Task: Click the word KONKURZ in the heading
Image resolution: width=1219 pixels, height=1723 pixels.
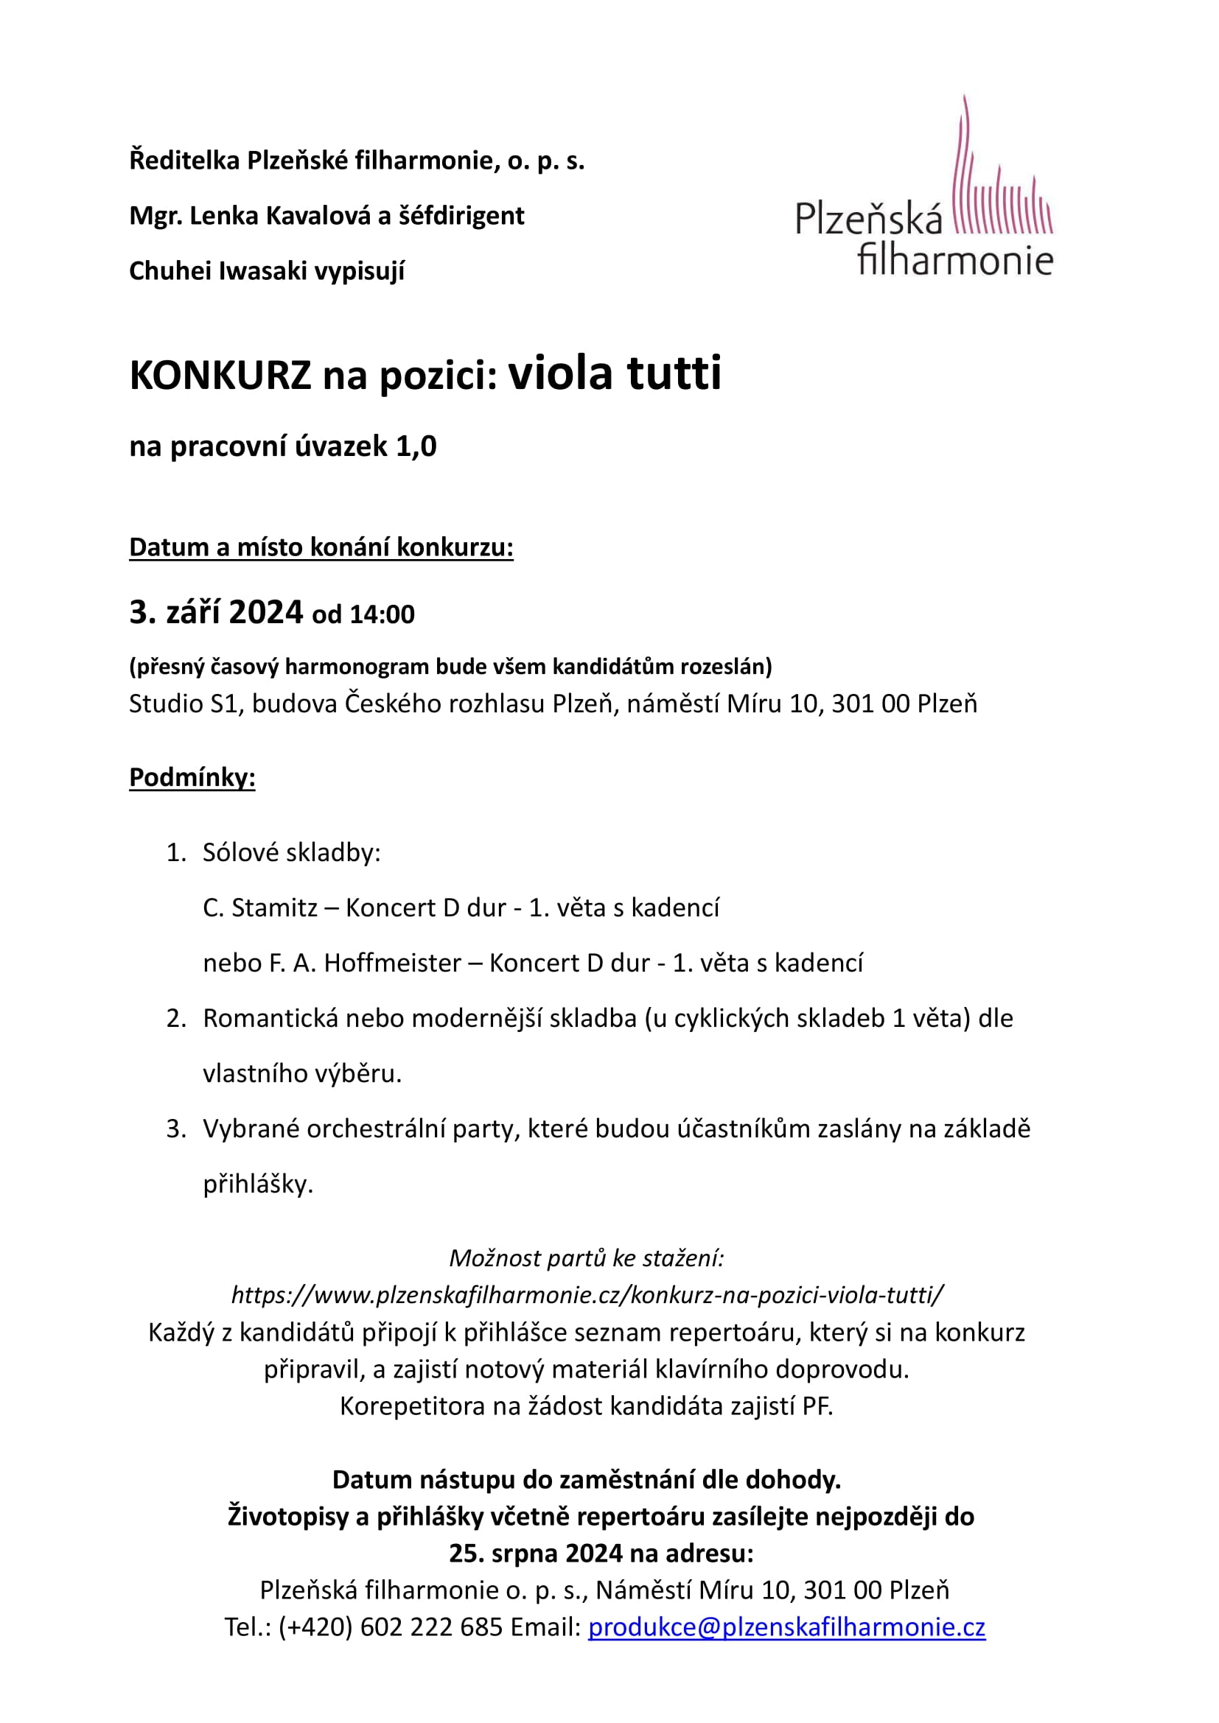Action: click(x=220, y=375)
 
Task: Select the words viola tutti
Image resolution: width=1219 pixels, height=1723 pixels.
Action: click(x=615, y=373)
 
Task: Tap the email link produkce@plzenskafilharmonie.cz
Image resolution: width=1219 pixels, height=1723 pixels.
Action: click(x=786, y=1627)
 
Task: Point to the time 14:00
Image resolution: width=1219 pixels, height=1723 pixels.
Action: click(x=382, y=614)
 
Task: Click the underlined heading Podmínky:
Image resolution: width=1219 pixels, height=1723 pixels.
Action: click(x=192, y=776)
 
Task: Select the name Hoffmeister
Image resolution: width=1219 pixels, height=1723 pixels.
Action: click(x=393, y=963)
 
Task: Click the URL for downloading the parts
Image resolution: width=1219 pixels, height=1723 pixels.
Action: click(x=587, y=1294)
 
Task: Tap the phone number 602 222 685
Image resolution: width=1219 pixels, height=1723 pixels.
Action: click(x=431, y=1627)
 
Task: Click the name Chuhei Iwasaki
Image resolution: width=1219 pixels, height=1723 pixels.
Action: click(x=218, y=271)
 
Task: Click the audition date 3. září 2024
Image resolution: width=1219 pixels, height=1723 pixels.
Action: click(x=216, y=612)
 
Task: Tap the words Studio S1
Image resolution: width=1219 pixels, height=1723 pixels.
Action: click(x=184, y=704)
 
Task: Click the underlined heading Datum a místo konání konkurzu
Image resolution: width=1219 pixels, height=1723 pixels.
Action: click(x=321, y=547)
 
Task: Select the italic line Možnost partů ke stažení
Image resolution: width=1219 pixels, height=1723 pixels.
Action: click(x=587, y=1257)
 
